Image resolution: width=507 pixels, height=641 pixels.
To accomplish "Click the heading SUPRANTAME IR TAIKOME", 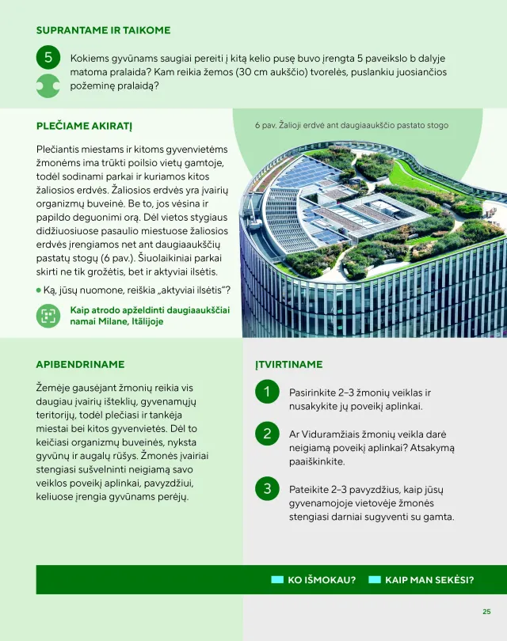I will coord(103,30).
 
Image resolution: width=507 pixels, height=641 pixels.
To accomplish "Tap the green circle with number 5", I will coord(48,58).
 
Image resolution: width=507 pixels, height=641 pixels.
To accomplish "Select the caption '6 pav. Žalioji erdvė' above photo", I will coord(351,125).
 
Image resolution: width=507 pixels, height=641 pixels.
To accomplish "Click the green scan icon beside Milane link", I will coord(48,316).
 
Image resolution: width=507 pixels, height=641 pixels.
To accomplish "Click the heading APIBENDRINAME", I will coord(80,365).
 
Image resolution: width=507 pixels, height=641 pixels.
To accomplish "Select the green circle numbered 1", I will coord(268,392).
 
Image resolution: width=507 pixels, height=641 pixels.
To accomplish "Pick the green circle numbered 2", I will coord(268,434).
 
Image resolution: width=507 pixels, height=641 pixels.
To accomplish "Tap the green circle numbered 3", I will coord(268,488).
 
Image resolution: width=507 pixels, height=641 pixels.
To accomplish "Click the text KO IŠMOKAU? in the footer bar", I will coord(321,580).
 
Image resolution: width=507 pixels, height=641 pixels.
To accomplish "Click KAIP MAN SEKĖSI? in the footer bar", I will coord(429,580).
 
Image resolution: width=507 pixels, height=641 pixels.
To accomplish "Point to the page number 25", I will coord(486,611).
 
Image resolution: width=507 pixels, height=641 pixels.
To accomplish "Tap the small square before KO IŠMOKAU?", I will coord(277,580).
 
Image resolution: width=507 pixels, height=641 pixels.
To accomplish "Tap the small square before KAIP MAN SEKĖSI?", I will coord(375,580).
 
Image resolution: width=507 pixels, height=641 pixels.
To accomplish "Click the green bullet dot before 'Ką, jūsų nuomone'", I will coord(39,290).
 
